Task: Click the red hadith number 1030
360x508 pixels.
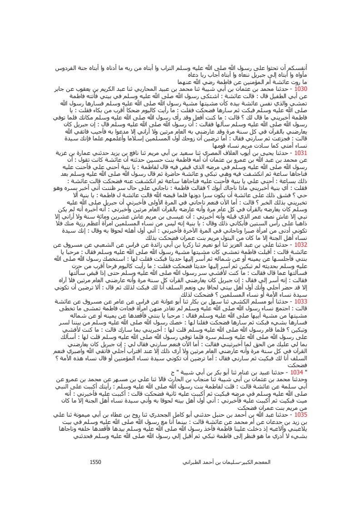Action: click(301, 90)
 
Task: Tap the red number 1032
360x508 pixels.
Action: click(301, 244)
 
